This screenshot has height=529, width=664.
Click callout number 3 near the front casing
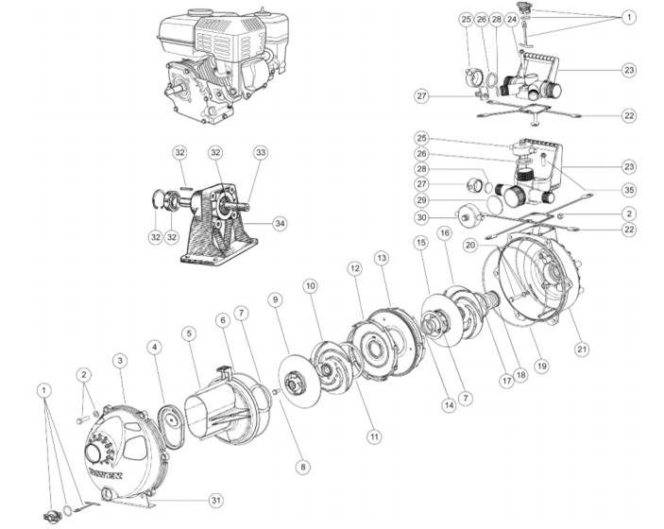(120, 360)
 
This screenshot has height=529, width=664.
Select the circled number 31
(217, 500)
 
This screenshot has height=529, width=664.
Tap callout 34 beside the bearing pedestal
(278, 223)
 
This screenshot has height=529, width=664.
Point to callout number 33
(260, 151)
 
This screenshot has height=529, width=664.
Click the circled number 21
(582, 349)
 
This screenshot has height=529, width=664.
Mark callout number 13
(382, 257)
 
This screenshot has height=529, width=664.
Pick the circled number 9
(276, 299)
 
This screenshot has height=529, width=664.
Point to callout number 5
(189, 333)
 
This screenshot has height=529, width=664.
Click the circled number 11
(374, 436)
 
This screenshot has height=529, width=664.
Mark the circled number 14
(449, 404)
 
